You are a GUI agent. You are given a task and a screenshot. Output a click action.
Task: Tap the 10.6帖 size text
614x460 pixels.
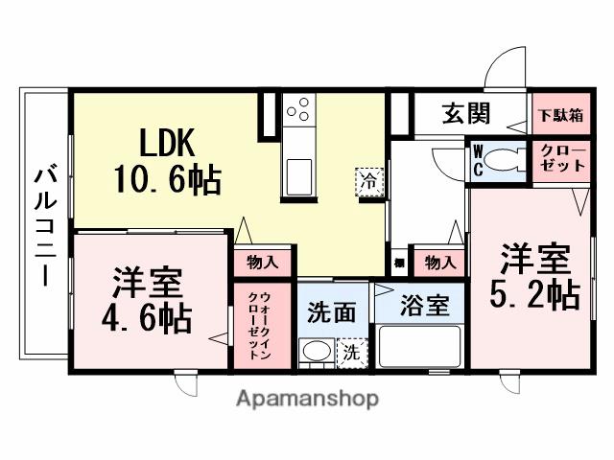pyautogui.click(x=168, y=178)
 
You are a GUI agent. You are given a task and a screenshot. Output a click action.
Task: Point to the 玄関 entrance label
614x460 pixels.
pyautogui.click(x=467, y=114)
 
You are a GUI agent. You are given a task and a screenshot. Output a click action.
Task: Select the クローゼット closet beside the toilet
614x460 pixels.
pyautogui.click(x=556, y=160)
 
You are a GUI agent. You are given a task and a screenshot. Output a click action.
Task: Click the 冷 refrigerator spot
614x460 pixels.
pyautogui.click(x=368, y=180)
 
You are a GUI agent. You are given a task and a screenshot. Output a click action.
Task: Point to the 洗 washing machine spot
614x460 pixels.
pyautogui.click(x=352, y=353)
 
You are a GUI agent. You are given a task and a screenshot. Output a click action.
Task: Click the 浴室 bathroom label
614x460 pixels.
pyautogui.click(x=425, y=307)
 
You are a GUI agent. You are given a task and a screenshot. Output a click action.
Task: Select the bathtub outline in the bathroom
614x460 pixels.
pyautogui.click(x=419, y=347)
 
